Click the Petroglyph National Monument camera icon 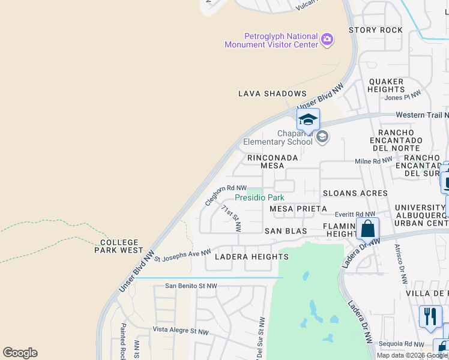point(327,40)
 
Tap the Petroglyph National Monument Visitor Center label point(271,40)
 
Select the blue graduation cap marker point(308,119)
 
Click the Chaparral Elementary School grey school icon point(322,137)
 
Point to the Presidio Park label point(259,197)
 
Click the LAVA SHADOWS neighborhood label point(273,94)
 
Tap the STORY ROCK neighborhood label point(375,30)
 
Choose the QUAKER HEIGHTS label point(387,85)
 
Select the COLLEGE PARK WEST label point(119,246)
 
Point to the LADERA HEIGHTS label point(252,257)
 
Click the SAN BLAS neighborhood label point(286,231)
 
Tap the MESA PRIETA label point(298,209)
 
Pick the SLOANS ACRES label point(355,193)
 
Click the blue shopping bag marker point(367,229)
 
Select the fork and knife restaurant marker point(430,316)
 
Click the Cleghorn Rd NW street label point(226,195)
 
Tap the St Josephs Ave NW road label point(183,256)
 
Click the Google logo point(20,353)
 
